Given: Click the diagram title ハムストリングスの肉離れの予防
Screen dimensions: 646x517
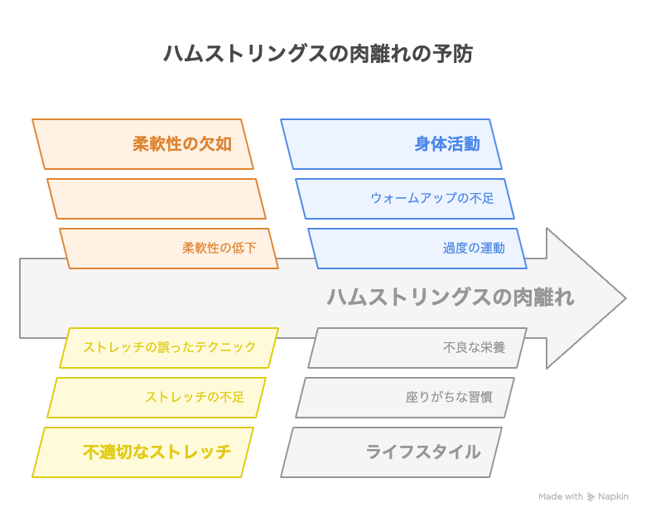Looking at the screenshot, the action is point(318,54).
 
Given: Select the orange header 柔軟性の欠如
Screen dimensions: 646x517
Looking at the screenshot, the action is point(182,144).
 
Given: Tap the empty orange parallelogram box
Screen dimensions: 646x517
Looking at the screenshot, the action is point(157,199).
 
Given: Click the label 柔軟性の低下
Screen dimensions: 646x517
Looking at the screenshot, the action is point(219,248).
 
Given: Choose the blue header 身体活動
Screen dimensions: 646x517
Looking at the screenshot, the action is point(447,144).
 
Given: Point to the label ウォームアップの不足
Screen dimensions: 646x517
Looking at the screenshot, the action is point(432,198).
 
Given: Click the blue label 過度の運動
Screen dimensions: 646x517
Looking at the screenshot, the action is point(474,248).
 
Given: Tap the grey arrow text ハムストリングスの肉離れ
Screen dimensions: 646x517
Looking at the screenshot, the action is point(451,297).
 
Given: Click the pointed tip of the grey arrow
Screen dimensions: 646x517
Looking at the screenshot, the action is point(626,298).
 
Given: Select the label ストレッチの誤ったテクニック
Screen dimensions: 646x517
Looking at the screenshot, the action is point(169,347).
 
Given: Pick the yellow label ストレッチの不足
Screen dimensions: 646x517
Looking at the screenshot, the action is point(195,397).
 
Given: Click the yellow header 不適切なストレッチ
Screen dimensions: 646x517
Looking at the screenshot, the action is point(157,452).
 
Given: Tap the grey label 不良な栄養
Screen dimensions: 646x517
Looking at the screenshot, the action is point(474,347).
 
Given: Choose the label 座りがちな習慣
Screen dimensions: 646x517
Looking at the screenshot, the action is point(449,397).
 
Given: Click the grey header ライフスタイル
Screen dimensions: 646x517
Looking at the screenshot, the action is point(423,452).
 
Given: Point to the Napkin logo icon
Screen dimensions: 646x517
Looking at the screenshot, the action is point(591,497).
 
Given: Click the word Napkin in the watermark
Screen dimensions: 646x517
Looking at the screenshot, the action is point(613,496).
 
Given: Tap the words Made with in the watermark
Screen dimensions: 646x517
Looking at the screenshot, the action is point(561,496).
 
